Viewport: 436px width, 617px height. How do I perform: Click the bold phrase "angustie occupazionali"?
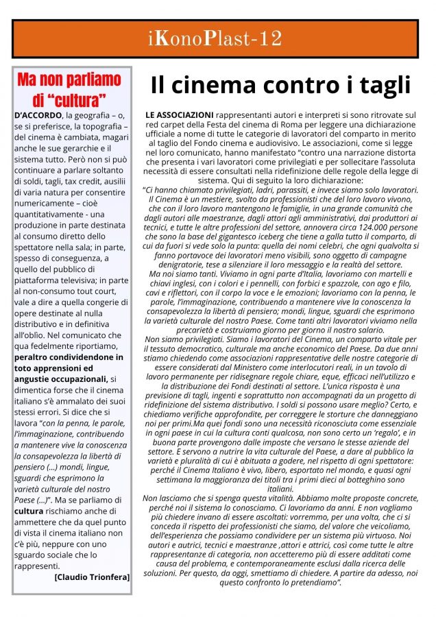click(61, 379)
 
